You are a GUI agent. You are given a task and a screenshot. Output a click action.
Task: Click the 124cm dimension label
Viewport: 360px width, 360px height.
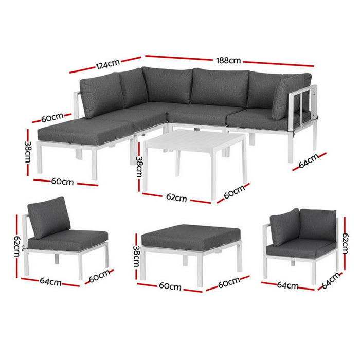[x=107, y=64]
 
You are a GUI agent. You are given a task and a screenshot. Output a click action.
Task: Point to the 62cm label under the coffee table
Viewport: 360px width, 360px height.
[x=176, y=198]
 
